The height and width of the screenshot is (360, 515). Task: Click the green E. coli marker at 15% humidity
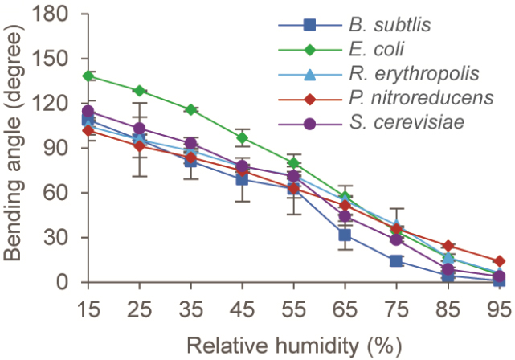(89, 76)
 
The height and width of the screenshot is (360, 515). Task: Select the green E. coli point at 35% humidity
(191, 109)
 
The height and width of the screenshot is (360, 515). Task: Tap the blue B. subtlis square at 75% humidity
(396, 261)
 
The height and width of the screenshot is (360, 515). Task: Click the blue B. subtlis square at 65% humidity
(345, 235)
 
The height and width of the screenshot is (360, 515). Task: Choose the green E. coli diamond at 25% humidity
(140, 91)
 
